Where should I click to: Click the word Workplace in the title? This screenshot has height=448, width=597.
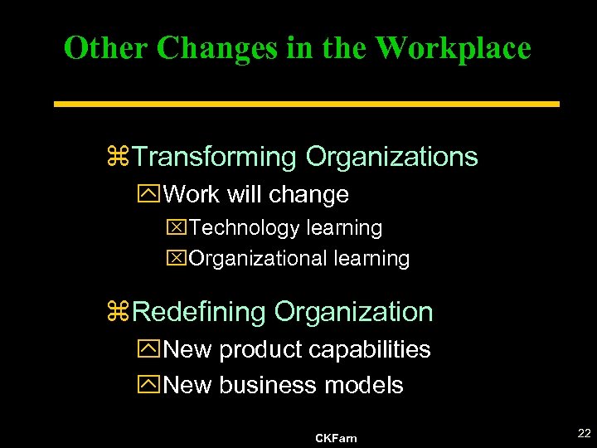pyautogui.click(x=453, y=48)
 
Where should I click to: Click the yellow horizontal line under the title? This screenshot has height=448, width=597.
pyautogui.click(x=307, y=105)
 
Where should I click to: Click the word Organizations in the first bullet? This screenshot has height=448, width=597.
pyautogui.click(x=391, y=156)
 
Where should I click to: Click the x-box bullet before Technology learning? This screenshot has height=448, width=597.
pyautogui.click(x=177, y=227)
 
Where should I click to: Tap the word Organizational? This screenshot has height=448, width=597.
pyautogui.click(x=258, y=258)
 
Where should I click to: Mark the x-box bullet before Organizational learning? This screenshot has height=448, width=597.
pyautogui.click(x=177, y=258)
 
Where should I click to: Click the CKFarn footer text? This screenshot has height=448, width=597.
pyautogui.click(x=336, y=437)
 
